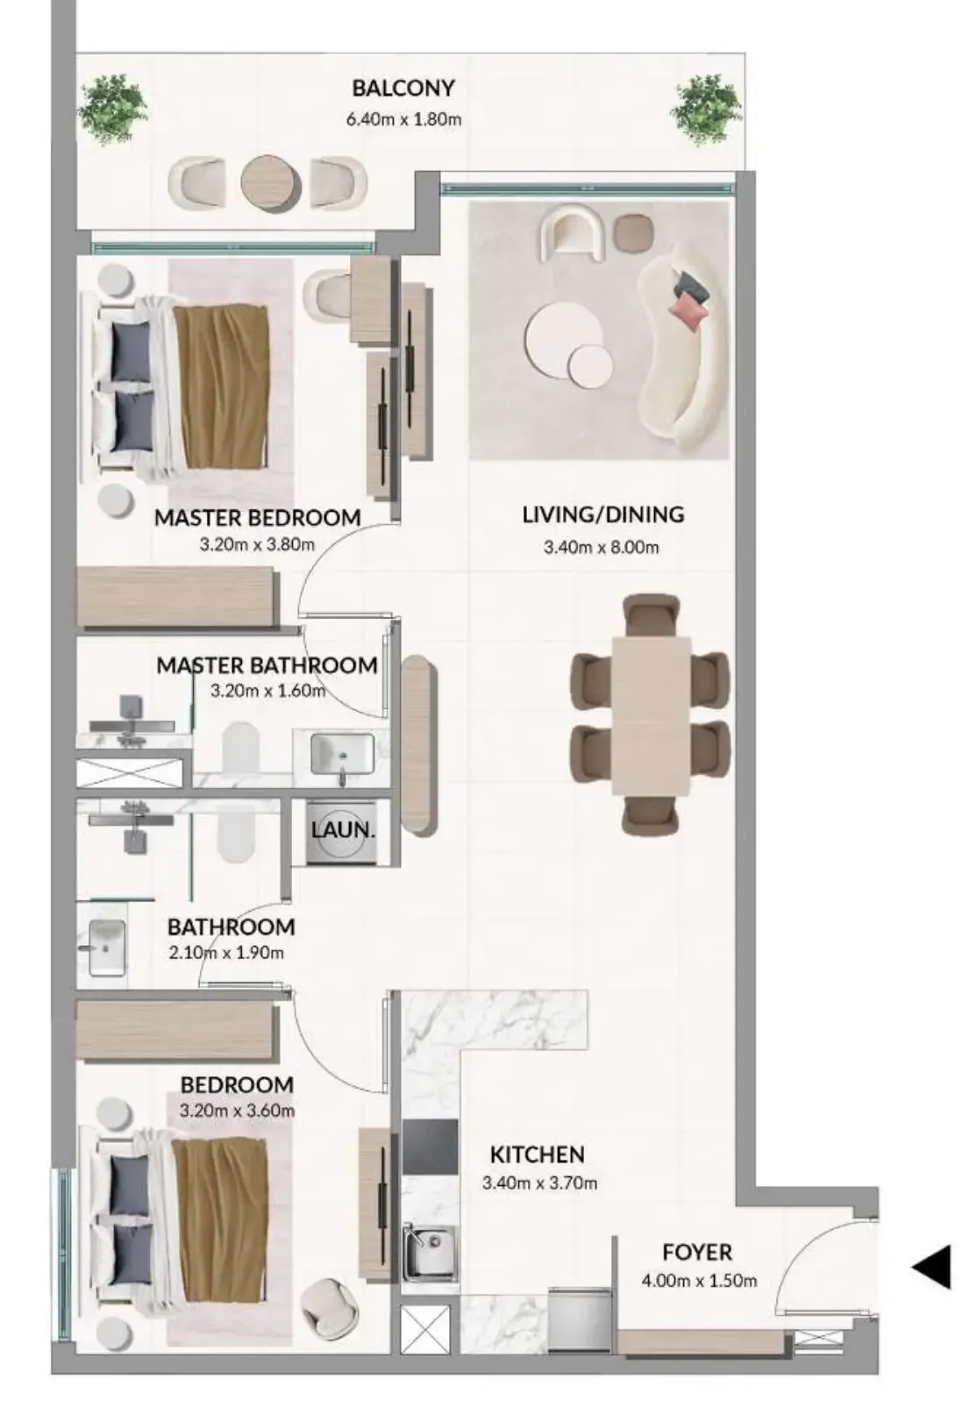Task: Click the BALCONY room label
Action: (403, 88)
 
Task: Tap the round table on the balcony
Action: (271, 183)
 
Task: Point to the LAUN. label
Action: (343, 830)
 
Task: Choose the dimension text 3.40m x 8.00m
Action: (601, 547)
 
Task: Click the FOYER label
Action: (697, 1253)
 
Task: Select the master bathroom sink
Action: (342, 755)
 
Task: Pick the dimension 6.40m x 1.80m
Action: (404, 119)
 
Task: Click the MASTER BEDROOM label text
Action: (258, 518)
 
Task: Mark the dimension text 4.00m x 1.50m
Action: (699, 1281)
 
